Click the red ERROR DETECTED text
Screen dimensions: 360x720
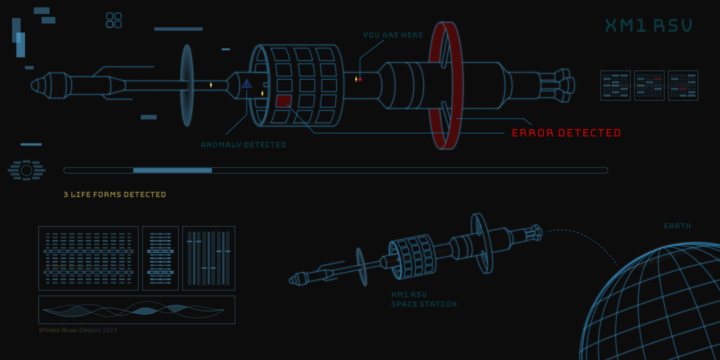tap(566, 133)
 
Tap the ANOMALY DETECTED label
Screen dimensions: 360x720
tap(243, 145)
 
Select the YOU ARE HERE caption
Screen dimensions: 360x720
tap(393, 35)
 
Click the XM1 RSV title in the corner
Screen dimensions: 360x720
tap(649, 25)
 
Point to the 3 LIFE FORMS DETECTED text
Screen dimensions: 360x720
tap(115, 194)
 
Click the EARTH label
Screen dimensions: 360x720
tap(677, 226)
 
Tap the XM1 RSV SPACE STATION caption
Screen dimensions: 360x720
tap(423, 299)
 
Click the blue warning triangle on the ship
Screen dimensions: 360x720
tap(246, 83)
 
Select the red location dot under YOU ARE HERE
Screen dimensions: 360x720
tap(360, 79)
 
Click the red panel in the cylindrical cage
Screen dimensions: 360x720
tap(283, 100)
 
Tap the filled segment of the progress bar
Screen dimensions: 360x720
tap(172, 170)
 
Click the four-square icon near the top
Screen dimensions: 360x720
tap(114, 20)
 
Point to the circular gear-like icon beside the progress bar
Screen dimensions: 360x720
tap(26, 170)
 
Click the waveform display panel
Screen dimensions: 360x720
tap(136, 310)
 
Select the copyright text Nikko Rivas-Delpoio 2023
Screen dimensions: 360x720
tap(78, 330)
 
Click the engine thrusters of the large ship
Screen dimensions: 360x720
tap(562, 85)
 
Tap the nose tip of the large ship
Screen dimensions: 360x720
tap(34, 85)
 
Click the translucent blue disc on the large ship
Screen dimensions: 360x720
tap(187, 85)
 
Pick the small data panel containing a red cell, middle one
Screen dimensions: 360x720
tap(649, 85)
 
